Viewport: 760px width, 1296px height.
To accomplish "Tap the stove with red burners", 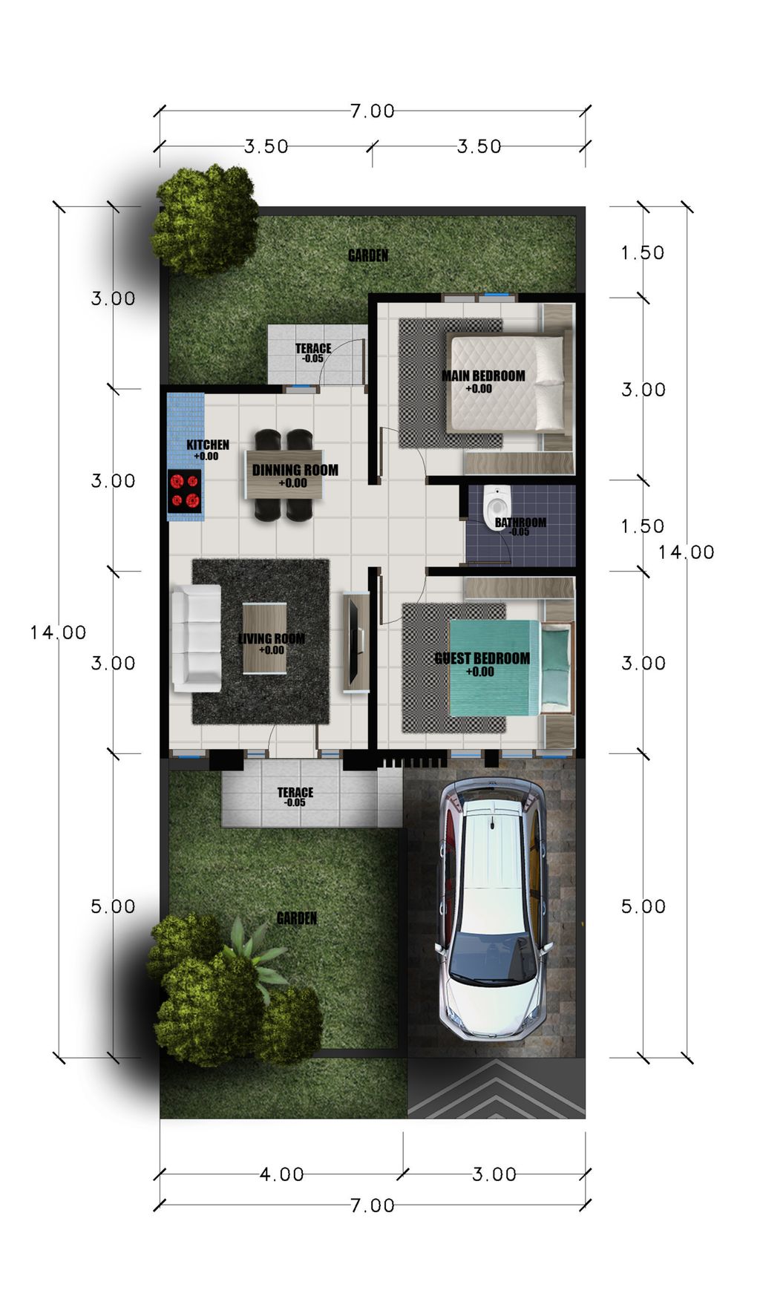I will pos(184,491).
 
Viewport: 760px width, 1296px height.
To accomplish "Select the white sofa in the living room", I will pos(197,637).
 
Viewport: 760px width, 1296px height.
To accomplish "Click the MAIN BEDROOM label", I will pos(483,376).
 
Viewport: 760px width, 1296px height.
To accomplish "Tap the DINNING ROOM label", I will pos(295,470).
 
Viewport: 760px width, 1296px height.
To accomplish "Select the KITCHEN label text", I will pos(208,445).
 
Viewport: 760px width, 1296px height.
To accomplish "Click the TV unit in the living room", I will pos(356,641).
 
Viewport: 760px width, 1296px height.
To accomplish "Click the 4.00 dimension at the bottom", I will pos(281,1174).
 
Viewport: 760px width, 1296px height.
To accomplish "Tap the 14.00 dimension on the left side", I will pos(58,632).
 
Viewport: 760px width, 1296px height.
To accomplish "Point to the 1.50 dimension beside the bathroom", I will pos(642,526).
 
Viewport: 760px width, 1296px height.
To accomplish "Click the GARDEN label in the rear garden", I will pos(368,255).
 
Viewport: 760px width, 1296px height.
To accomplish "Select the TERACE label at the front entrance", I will pos(295,792).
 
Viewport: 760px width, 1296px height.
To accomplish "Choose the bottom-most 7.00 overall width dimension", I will pos(372,1205).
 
